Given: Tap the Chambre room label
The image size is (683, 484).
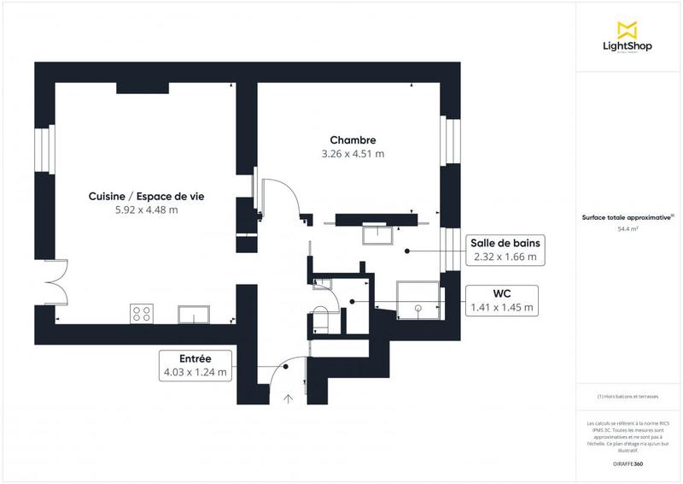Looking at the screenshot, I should pos(353,140).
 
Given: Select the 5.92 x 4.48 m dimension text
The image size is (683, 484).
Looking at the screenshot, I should pos(146,210).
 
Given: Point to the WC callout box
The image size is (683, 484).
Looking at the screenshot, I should pos(502,300).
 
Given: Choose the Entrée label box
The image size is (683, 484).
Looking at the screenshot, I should pos(196,365).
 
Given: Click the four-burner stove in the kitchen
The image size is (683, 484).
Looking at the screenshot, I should pos(141,314).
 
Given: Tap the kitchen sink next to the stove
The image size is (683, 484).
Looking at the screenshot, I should pos(196,315).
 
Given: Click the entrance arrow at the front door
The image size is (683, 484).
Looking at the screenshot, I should pos(289,397).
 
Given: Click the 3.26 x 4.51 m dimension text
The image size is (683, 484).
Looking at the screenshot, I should pos(353,155).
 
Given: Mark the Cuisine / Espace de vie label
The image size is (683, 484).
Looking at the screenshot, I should pos(146,196).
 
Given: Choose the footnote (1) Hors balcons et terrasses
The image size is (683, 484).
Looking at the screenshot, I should pos(628,396).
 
